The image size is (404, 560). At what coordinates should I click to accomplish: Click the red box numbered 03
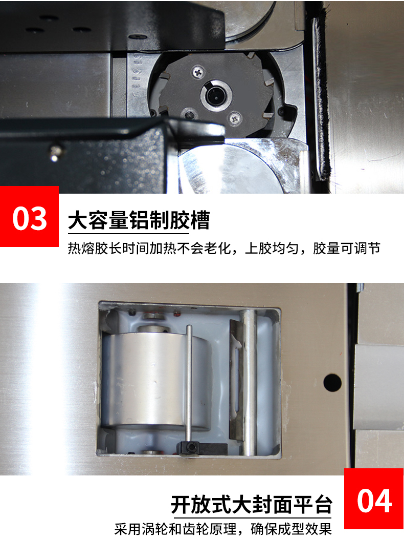coord(29,216)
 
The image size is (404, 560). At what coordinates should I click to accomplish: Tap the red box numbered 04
coord(374,499)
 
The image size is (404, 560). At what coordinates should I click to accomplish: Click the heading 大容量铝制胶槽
coord(139,220)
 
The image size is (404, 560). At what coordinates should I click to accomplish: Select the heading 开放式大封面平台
coord(252,504)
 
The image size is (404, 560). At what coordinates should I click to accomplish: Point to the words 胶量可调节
coord(347,248)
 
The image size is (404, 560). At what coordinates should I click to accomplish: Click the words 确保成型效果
coord(291,529)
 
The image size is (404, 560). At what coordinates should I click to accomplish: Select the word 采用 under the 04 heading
coord(128,529)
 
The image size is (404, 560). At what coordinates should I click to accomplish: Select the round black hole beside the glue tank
coord(332,383)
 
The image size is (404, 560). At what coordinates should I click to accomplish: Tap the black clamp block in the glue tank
coord(202,448)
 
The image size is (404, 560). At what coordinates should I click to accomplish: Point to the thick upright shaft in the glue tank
coord(249,383)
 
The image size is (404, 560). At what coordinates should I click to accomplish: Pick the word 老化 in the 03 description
coord(217,248)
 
